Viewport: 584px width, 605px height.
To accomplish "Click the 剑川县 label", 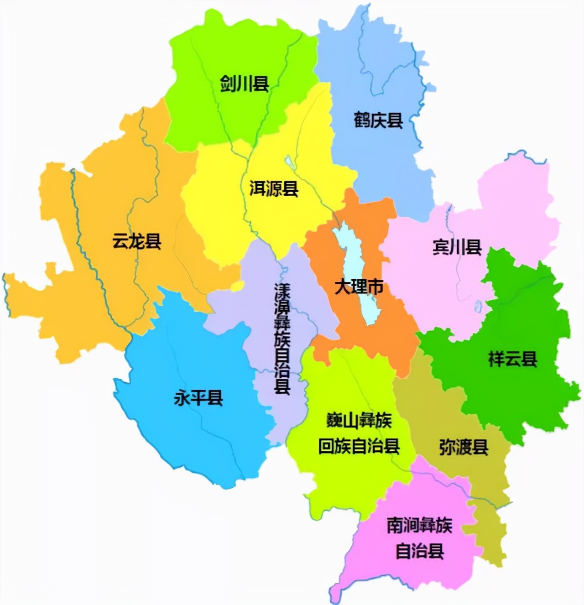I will (x=244, y=84).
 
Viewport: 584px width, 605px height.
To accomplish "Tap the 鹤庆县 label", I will (x=378, y=120).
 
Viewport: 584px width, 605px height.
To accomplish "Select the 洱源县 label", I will (x=274, y=188).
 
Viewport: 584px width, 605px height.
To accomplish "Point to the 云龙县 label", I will (x=137, y=241).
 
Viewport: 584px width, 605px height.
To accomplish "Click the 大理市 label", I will (x=359, y=287).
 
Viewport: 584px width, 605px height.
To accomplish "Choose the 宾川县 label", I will (x=457, y=247).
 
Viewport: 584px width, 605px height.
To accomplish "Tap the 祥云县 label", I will (x=513, y=359).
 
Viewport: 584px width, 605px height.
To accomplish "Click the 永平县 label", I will (x=198, y=398).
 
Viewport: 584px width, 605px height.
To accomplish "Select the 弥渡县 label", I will (x=464, y=447).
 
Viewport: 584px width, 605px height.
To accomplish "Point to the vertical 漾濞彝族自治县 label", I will (x=282, y=339).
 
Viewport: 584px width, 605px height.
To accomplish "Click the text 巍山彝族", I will (x=359, y=420).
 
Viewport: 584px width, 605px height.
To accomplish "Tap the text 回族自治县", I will (x=359, y=446).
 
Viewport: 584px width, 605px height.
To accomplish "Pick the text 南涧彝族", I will (x=419, y=526).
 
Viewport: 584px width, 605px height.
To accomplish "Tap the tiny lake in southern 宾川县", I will (x=478, y=306).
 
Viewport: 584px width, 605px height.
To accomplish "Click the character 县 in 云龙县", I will (x=153, y=241).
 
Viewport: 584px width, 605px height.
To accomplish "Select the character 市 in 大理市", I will (x=375, y=287).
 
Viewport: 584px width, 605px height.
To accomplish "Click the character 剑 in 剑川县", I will (x=228, y=84).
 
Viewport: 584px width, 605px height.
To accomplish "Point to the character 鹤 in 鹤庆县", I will (x=361, y=120).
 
